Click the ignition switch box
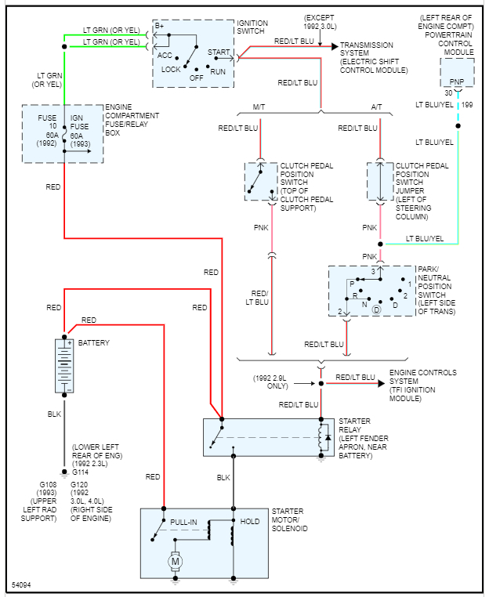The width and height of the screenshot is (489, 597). tap(192, 53)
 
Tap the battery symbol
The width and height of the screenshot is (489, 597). tap(64, 365)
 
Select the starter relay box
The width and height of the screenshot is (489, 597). tap(269, 437)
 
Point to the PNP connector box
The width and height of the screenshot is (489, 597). tap(456, 72)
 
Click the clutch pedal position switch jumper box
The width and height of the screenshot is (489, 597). tap(379, 180)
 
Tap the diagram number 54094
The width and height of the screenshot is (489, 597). tap(23, 585)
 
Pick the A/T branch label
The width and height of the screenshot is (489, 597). tap(378, 107)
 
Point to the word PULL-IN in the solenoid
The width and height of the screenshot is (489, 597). tap(183, 521)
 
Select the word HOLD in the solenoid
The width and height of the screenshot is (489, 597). tap(250, 521)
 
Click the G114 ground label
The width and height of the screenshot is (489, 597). tap(81, 472)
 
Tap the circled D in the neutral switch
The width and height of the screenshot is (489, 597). tap(376, 311)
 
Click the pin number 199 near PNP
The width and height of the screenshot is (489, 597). tap(467, 104)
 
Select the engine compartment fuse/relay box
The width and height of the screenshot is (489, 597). tap(63, 133)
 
